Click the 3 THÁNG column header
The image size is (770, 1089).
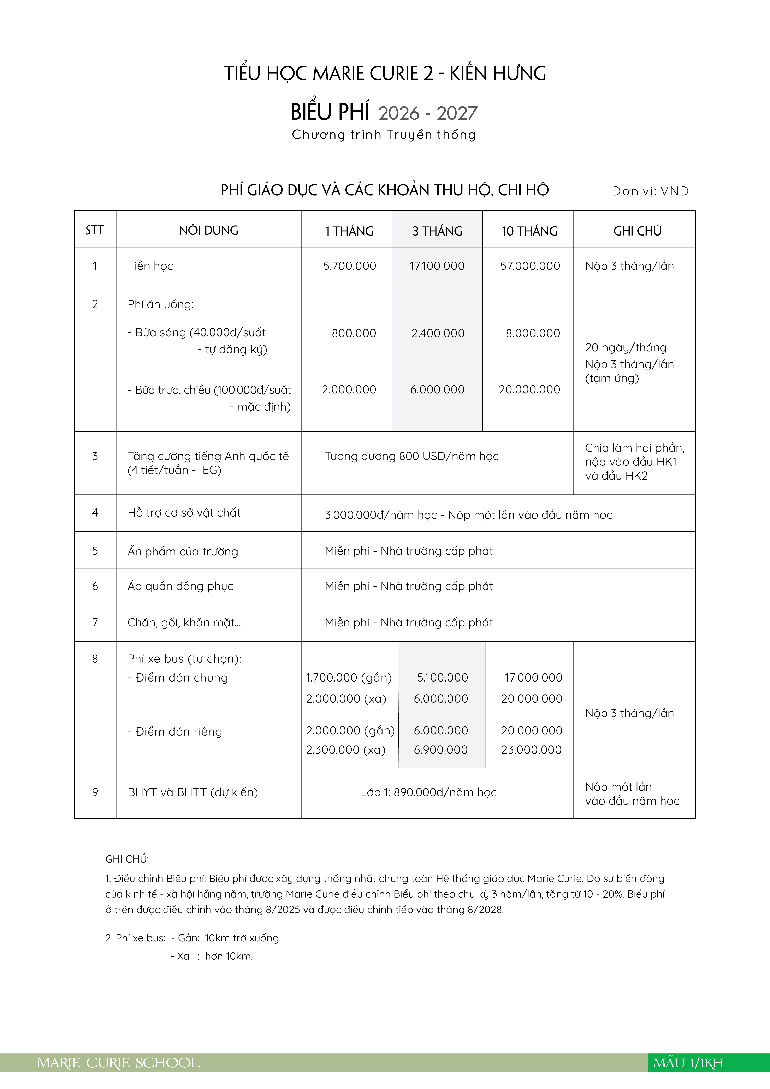(437, 231)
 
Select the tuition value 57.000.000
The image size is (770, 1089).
(530, 266)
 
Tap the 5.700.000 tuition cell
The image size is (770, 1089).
(350, 266)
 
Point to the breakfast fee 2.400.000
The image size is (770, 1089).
(437, 333)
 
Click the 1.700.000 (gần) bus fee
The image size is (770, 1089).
(349, 678)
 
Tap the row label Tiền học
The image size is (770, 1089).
(150, 266)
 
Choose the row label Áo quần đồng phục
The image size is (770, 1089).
(180, 586)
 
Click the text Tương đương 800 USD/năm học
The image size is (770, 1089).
(411, 456)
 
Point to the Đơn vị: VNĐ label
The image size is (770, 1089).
(650, 191)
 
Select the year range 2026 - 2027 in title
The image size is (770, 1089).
(428, 113)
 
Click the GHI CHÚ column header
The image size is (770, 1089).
(637, 231)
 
